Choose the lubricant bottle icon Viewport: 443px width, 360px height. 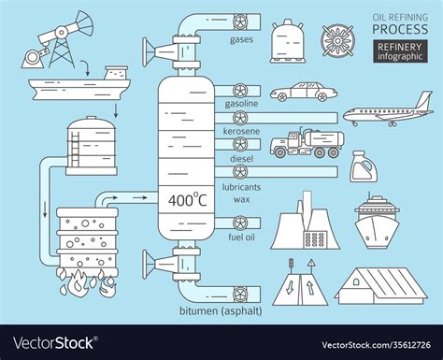[x=362, y=167]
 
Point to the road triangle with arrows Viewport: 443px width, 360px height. [x=300, y=281]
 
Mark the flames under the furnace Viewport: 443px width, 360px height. [x=90, y=280]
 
